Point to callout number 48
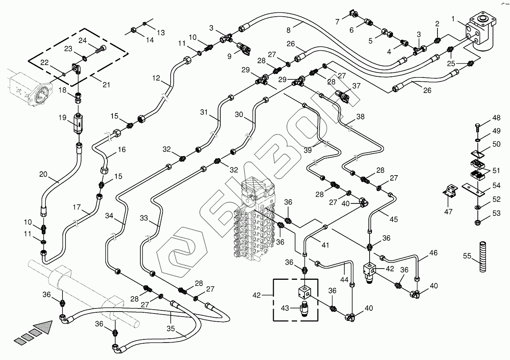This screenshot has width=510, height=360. point(496,118)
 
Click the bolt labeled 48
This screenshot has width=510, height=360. point(477,126)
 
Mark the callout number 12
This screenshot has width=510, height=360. point(156,78)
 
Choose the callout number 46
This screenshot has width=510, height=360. point(433,253)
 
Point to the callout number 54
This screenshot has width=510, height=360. point(496,186)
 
